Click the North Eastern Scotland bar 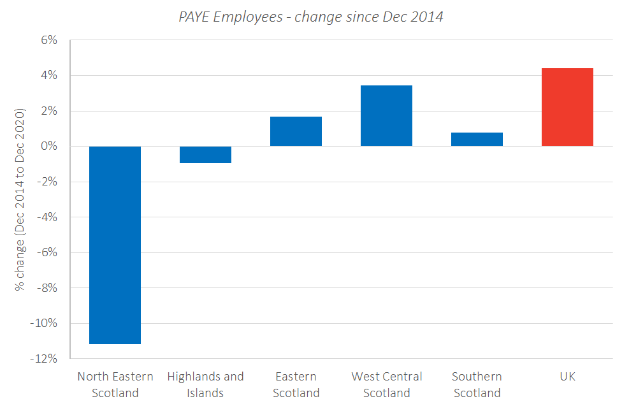115,245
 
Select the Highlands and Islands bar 205,155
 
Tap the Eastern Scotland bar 296,131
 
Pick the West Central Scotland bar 386,116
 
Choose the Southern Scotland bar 477,140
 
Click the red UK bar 567,107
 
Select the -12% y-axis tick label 44,359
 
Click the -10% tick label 44,323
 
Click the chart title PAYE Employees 310,17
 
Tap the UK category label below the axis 567,377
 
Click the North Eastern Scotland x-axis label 115,384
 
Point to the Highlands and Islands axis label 205,384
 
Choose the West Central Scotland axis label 386,384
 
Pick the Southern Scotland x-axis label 477,384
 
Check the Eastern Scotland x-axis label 296,384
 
